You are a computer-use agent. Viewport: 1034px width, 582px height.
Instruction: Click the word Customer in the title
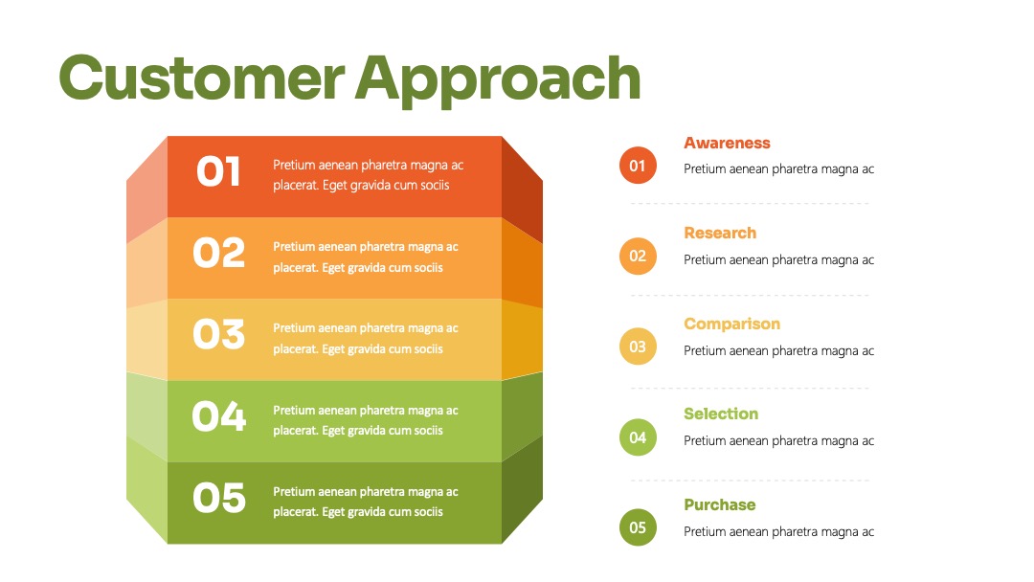pyautogui.click(x=202, y=78)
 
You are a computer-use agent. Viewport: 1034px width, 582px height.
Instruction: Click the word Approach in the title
pyautogui.click(x=498, y=80)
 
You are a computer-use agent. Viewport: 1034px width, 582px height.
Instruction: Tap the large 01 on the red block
pyautogui.click(x=218, y=171)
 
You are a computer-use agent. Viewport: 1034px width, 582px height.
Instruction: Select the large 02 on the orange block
pyautogui.click(x=219, y=253)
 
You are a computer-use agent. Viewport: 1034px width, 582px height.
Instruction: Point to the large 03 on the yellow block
pyautogui.click(x=219, y=334)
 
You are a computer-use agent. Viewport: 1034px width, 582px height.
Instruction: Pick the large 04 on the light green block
pyautogui.click(x=219, y=416)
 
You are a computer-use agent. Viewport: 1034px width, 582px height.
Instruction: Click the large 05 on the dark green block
pyautogui.click(x=219, y=498)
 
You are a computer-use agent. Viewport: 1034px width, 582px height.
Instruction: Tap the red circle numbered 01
pyautogui.click(x=638, y=166)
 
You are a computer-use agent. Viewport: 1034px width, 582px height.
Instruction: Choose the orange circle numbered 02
pyautogui.click(x=638, y=256)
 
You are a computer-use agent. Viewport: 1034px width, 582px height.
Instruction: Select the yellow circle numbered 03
pyautogui.click(x=638, y=347)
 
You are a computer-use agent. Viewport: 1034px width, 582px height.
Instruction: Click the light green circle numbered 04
pyautogui.click(x=638, y=437)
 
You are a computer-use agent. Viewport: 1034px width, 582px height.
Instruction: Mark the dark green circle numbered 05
pyautogui.click(x=638, y=527)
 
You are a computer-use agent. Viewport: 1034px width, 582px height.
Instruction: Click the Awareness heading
pyautogui.click(x=727, y=143)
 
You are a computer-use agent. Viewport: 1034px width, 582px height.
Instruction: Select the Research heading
pyautogui.click(x=720, y=234)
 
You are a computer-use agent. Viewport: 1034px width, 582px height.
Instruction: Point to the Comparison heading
pyautogui.click(x=732, y=325)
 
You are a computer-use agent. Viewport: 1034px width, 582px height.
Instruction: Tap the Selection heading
pyautogui.click(x=721, y=414)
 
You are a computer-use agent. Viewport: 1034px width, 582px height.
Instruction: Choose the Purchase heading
pyautogui.click(x=719, y=504)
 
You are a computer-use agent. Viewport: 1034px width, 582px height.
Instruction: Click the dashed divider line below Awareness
pyautogui.click(x=749, y=204)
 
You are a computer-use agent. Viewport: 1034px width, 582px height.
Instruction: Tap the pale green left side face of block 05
pyautogui.click(x=147, y=490)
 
